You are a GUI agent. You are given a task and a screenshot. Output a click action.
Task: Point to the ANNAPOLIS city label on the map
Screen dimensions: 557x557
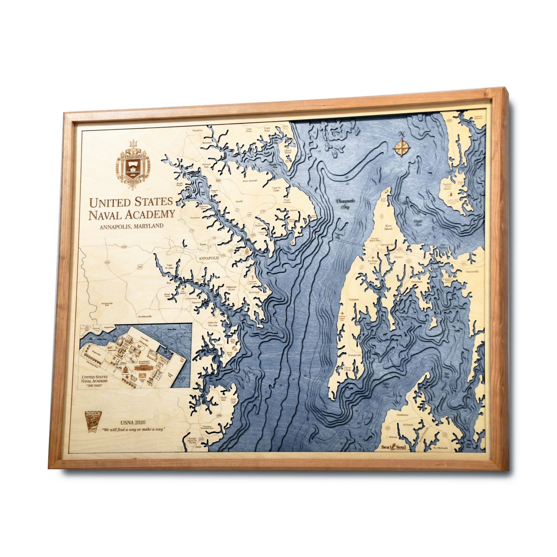pos(208,258)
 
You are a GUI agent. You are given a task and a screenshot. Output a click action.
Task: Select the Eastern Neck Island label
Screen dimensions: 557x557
pos(447,186)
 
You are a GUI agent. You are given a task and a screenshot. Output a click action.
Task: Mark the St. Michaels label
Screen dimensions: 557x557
pos(440,448)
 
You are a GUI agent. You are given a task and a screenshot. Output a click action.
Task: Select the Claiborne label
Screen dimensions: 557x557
pos(402,415)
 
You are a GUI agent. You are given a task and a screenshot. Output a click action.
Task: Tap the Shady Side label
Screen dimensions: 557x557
pos(223,399)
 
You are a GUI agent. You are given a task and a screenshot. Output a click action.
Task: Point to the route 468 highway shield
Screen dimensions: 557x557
pos(219,415)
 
